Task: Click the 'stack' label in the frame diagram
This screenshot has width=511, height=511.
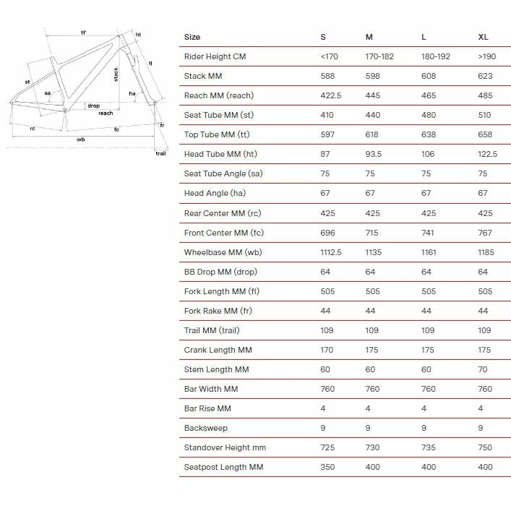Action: [116, 74]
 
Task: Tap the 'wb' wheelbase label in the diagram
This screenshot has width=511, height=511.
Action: [81, 139]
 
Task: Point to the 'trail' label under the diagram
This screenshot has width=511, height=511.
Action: [160, 153]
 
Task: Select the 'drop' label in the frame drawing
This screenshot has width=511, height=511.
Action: [93, 106]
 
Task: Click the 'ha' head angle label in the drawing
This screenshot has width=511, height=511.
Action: [132, 93]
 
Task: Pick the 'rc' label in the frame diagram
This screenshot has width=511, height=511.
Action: [33, 128]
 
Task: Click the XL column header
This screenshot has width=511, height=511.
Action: [483, 37]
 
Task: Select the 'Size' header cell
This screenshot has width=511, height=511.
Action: [192, 37]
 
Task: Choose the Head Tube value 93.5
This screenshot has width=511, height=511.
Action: [374, 154]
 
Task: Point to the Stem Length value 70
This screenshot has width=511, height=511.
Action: [483, 369]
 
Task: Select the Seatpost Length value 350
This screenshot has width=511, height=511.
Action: [327, 467]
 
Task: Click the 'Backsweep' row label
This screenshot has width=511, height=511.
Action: [205, 428]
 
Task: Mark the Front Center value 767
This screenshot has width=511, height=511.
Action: [485, 233]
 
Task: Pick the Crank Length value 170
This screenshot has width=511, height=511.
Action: [327, 350]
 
